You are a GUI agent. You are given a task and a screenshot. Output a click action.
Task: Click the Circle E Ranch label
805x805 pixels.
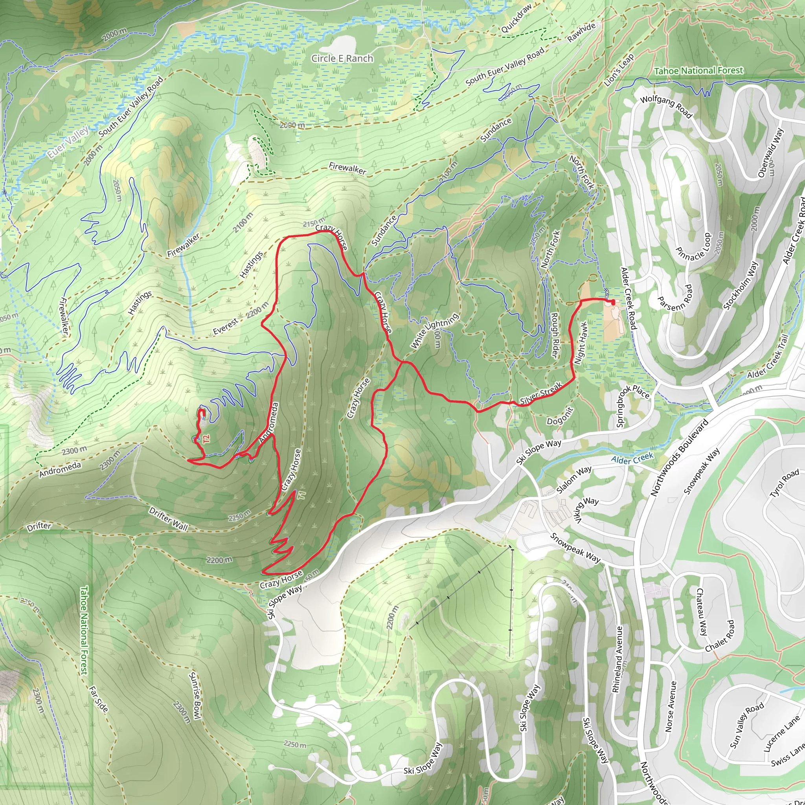click(342, 58)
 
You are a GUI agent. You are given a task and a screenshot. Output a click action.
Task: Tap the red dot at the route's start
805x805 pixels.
click(612, 301)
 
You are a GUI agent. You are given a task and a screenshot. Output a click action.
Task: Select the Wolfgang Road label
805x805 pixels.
click(666, 106)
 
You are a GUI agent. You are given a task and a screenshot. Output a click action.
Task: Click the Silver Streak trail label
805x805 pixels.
click(541, 393)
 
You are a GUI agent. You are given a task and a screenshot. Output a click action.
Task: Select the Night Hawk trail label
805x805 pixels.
click(581, 343)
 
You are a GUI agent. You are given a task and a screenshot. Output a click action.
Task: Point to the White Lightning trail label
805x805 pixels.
click(435, 331)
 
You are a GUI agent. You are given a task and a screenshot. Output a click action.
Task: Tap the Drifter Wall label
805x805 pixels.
click(168, 518)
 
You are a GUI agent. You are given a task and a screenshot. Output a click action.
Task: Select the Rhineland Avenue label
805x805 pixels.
click(618, 660)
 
